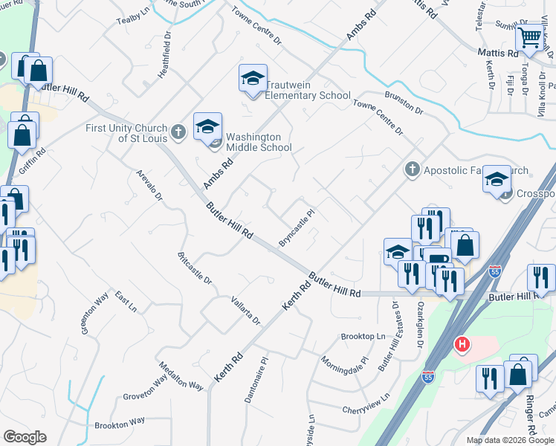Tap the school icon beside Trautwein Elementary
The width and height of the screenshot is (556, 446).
253,79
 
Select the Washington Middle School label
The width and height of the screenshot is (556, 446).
259,142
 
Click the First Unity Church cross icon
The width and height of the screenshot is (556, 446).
178,132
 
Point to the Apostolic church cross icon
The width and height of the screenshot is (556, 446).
412,169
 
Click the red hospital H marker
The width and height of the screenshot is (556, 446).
462,345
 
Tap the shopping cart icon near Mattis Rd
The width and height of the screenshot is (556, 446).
531,37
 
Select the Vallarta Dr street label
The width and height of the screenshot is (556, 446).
246,311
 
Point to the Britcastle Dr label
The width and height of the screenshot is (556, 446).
195,268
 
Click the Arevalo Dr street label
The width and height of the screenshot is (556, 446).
149,186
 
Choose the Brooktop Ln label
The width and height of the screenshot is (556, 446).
363,337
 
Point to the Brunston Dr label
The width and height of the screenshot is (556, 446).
404,103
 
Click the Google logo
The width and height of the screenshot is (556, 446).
25,437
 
